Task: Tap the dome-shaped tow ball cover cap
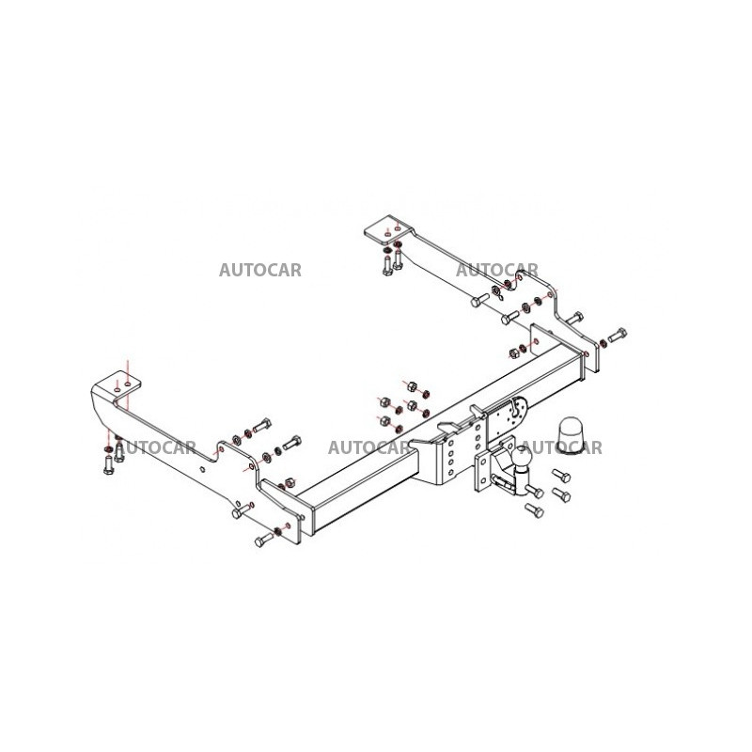pyautogui.click(x=570, y=434)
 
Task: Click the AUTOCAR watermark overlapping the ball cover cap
pyautogui.click(x=562, y=447)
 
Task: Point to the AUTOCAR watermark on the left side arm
pyautogui.click(x=157, y=447)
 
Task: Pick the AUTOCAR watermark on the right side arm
pyautogui.click(x=497, y=270)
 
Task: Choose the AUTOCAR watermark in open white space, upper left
pyautogui.click(x=260, y=270)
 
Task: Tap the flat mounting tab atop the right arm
pyautogui.click(x=389, y=229)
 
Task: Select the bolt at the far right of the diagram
pyautogui.click(x=618, y=335)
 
